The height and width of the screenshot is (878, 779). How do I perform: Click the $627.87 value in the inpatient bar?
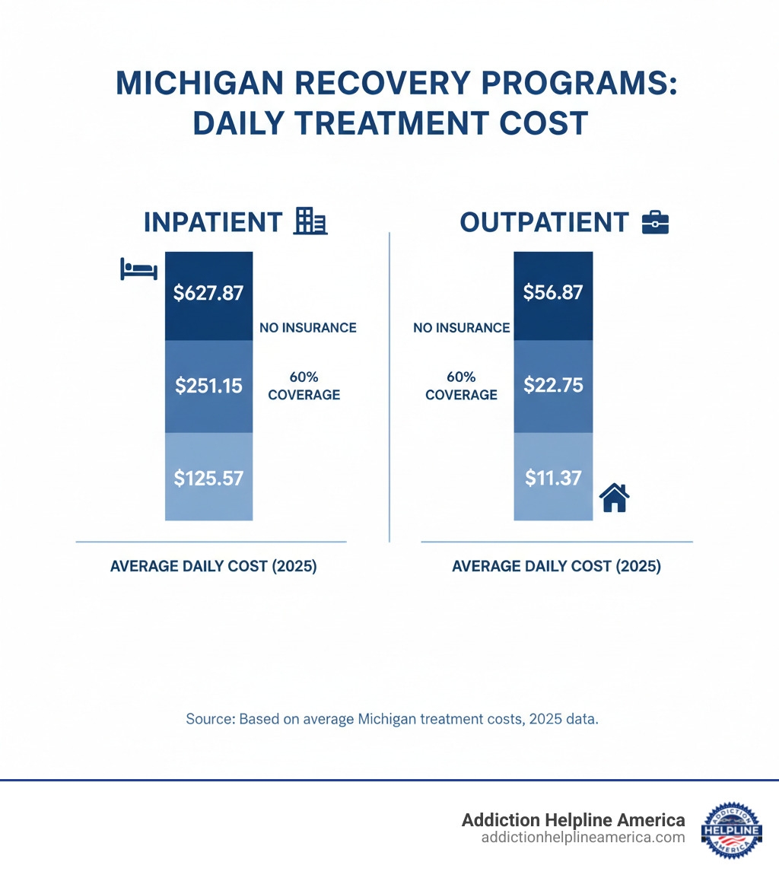(208, 294)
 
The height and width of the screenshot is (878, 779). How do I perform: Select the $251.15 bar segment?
(208, 386)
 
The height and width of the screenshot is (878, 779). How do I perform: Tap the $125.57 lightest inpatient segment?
(208, 478)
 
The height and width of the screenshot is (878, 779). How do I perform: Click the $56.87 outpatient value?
(553, 294)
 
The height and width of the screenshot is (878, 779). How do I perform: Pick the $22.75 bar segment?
(553, 386)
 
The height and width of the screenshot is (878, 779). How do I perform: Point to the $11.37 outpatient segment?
(553, 478)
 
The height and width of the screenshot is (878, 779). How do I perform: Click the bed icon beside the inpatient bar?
(138, 269)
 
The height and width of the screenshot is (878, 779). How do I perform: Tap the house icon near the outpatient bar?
(614, 498)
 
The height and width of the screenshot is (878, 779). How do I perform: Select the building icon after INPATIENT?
(310, 222)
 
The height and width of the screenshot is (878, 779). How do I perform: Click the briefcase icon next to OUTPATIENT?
(655, 222)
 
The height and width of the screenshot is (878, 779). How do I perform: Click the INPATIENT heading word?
(212, 222)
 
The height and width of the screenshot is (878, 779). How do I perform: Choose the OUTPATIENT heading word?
(544, 222)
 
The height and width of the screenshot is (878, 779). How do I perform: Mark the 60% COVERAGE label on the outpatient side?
(461, 386)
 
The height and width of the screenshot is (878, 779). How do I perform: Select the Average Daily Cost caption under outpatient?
(556, 567)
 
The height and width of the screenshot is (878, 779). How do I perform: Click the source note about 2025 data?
(392, 719)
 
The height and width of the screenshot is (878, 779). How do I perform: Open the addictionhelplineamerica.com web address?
(583, 837)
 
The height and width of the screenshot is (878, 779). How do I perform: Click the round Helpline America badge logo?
(736, 830)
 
